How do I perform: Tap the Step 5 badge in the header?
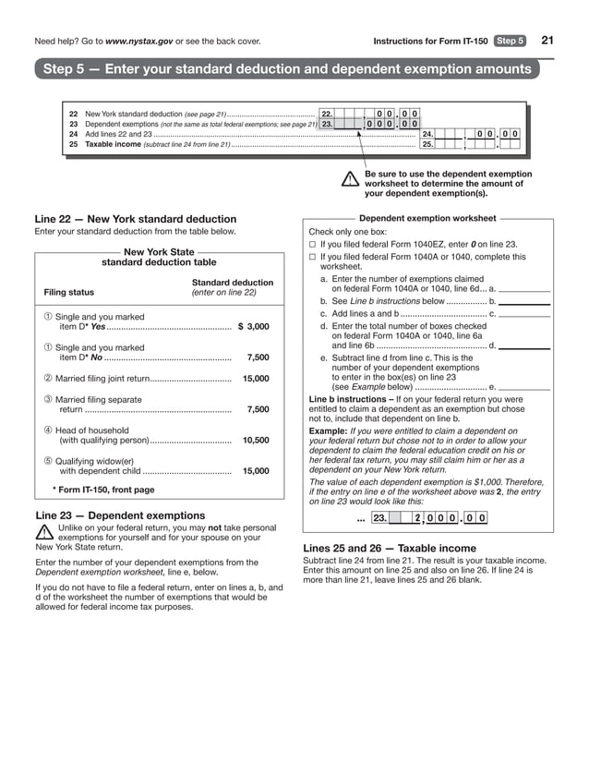(x=510, y=41)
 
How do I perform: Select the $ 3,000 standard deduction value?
(x=254, y=326)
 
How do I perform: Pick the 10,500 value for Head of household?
(x=256, y=441)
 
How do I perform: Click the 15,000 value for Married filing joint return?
(x=256, y=379)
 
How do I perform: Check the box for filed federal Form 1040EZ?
(x=312, y=244)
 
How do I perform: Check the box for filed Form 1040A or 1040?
(x=312, y=258)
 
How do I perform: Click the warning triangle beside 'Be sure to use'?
(x=349, y=180)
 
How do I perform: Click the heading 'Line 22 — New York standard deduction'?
(x=136, y=219)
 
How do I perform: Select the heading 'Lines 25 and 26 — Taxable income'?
(x=390, y=548)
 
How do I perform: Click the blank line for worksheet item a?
(x=524, y=289)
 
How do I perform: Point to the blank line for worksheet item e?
(x=524, y=387)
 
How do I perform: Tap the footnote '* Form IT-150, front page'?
(x=103, y=490)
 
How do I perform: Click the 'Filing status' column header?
(x=69, y=293)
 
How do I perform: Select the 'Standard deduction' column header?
(x=232, y=283)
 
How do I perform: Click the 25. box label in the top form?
(x=427, y=144)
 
